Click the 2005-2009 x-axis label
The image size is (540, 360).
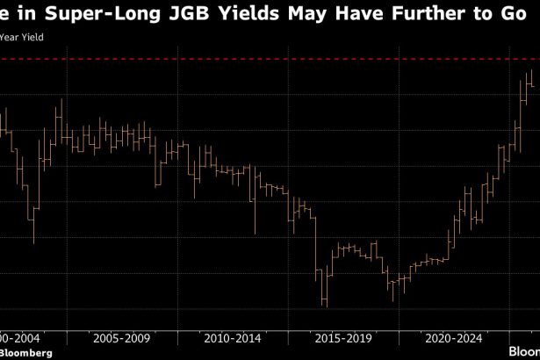click(x=121, y=336)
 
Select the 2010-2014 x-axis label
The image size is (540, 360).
click(x=232, y=336)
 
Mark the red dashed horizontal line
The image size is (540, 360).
click(x=263, y=59)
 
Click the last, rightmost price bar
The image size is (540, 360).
click(x=531, y=80)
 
